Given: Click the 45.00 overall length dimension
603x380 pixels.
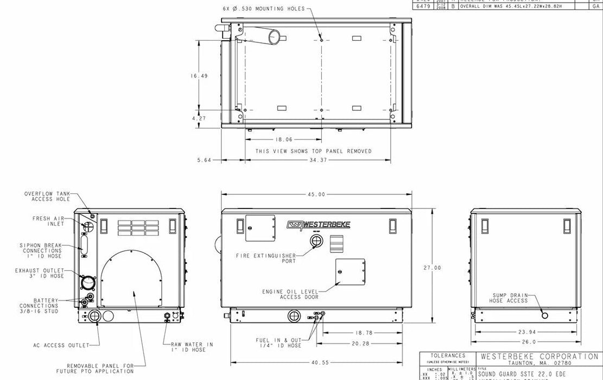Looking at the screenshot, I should tap(316, 194).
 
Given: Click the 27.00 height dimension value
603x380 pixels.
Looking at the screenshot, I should tap(433, 268).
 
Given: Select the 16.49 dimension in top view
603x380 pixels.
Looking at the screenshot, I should tap(199, 76).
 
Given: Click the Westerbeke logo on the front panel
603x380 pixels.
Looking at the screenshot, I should tap(318, 224).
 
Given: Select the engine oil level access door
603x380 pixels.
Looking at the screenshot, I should tap(350, 271).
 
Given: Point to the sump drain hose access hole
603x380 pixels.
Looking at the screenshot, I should tap(544, 315).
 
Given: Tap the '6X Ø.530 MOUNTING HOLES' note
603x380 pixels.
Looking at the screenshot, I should tap(264, 9).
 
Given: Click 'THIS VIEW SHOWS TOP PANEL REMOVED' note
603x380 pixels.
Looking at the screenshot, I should tap(314, 151).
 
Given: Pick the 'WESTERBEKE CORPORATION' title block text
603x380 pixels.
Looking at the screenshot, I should tap(539, 357).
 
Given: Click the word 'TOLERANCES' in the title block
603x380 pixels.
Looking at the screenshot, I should tap(448, 356).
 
